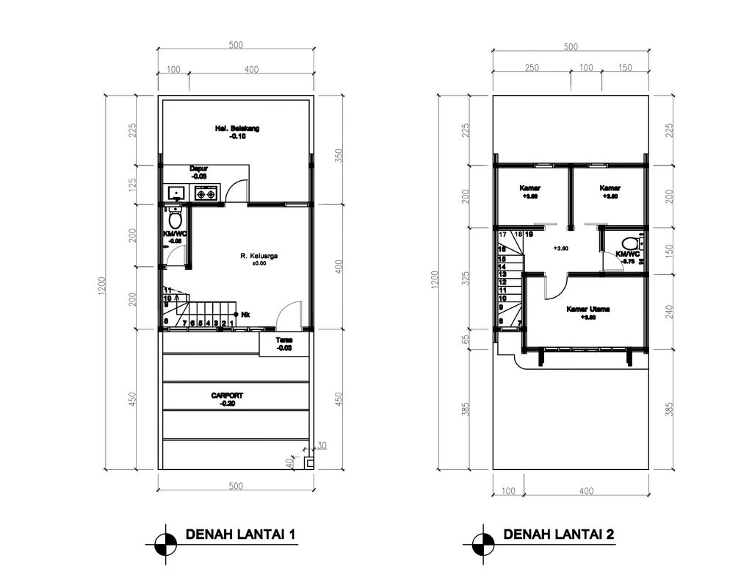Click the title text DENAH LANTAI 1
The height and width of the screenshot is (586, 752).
pyautogui.click(x=240, y=535)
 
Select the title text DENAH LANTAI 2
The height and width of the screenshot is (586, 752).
pyautogui.click(x=558, y=535)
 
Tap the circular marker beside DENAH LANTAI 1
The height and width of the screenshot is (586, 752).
pyautogui.click(x=166, y=545)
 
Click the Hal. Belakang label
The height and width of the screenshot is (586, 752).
pyautogui.click(x=236, y=128)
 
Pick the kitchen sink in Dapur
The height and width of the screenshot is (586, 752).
pyautogui.click(x=176, y=193)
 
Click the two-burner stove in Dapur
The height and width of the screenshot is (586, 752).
pyautogui.click(x=206, y=193)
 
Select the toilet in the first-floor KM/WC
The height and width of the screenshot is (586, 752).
pyautogui.click(x=175, y=218)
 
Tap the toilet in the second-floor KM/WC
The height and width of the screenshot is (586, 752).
pyautogui.click(x=630, y=243)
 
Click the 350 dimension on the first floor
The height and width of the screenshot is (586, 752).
pyautogui.click(x=339, y=156)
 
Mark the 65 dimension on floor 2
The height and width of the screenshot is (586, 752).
pyautogui.click(x=466, y=340)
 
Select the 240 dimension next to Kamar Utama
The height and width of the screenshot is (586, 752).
pyautogui.click(x=669, y=311)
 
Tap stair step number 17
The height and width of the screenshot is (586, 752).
pyautogui.click(x=503, y=235)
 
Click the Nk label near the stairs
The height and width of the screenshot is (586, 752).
pyautogui.click(x=245, y=315)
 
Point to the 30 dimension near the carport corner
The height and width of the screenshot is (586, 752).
pyautogui.click(x=322, y=446)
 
